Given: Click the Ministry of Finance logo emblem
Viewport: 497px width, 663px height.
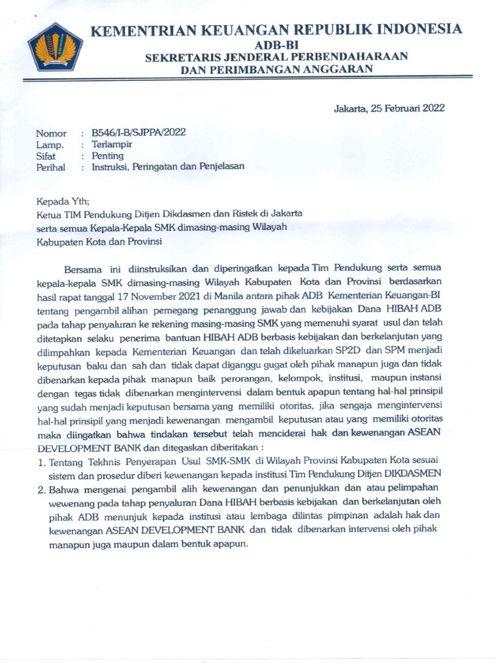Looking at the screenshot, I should click(x=54, y=46).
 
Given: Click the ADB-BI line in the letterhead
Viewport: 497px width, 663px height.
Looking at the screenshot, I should click(x=277, y=44).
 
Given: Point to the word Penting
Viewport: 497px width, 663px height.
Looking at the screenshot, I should click(x=107, y=155).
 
